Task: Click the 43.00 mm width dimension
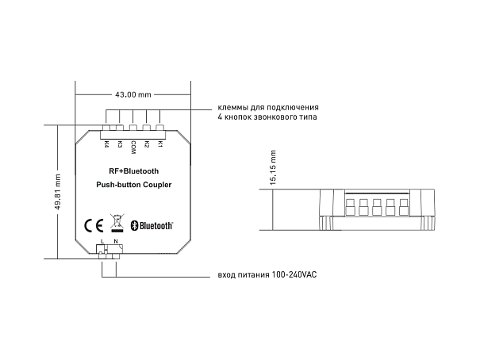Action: [133, 94]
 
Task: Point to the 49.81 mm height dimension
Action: [58, 192]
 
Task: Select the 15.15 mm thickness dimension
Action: [273, 167]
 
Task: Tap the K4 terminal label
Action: [106, 144]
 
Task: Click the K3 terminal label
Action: [120, 144]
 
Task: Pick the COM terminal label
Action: [133, 147]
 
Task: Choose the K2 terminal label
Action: [147, 144]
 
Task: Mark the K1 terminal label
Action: [159, 144]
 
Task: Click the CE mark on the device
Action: [94, 226]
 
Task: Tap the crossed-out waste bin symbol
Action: [117, 222]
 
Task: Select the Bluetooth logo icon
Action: [134, 225]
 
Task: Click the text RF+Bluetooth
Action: [134, 171]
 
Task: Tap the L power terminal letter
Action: [102, 241]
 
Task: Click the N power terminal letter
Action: [116, 241]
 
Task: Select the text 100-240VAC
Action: [294, 274]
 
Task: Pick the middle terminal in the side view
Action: [377, 207]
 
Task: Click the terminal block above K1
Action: [159, 128]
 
